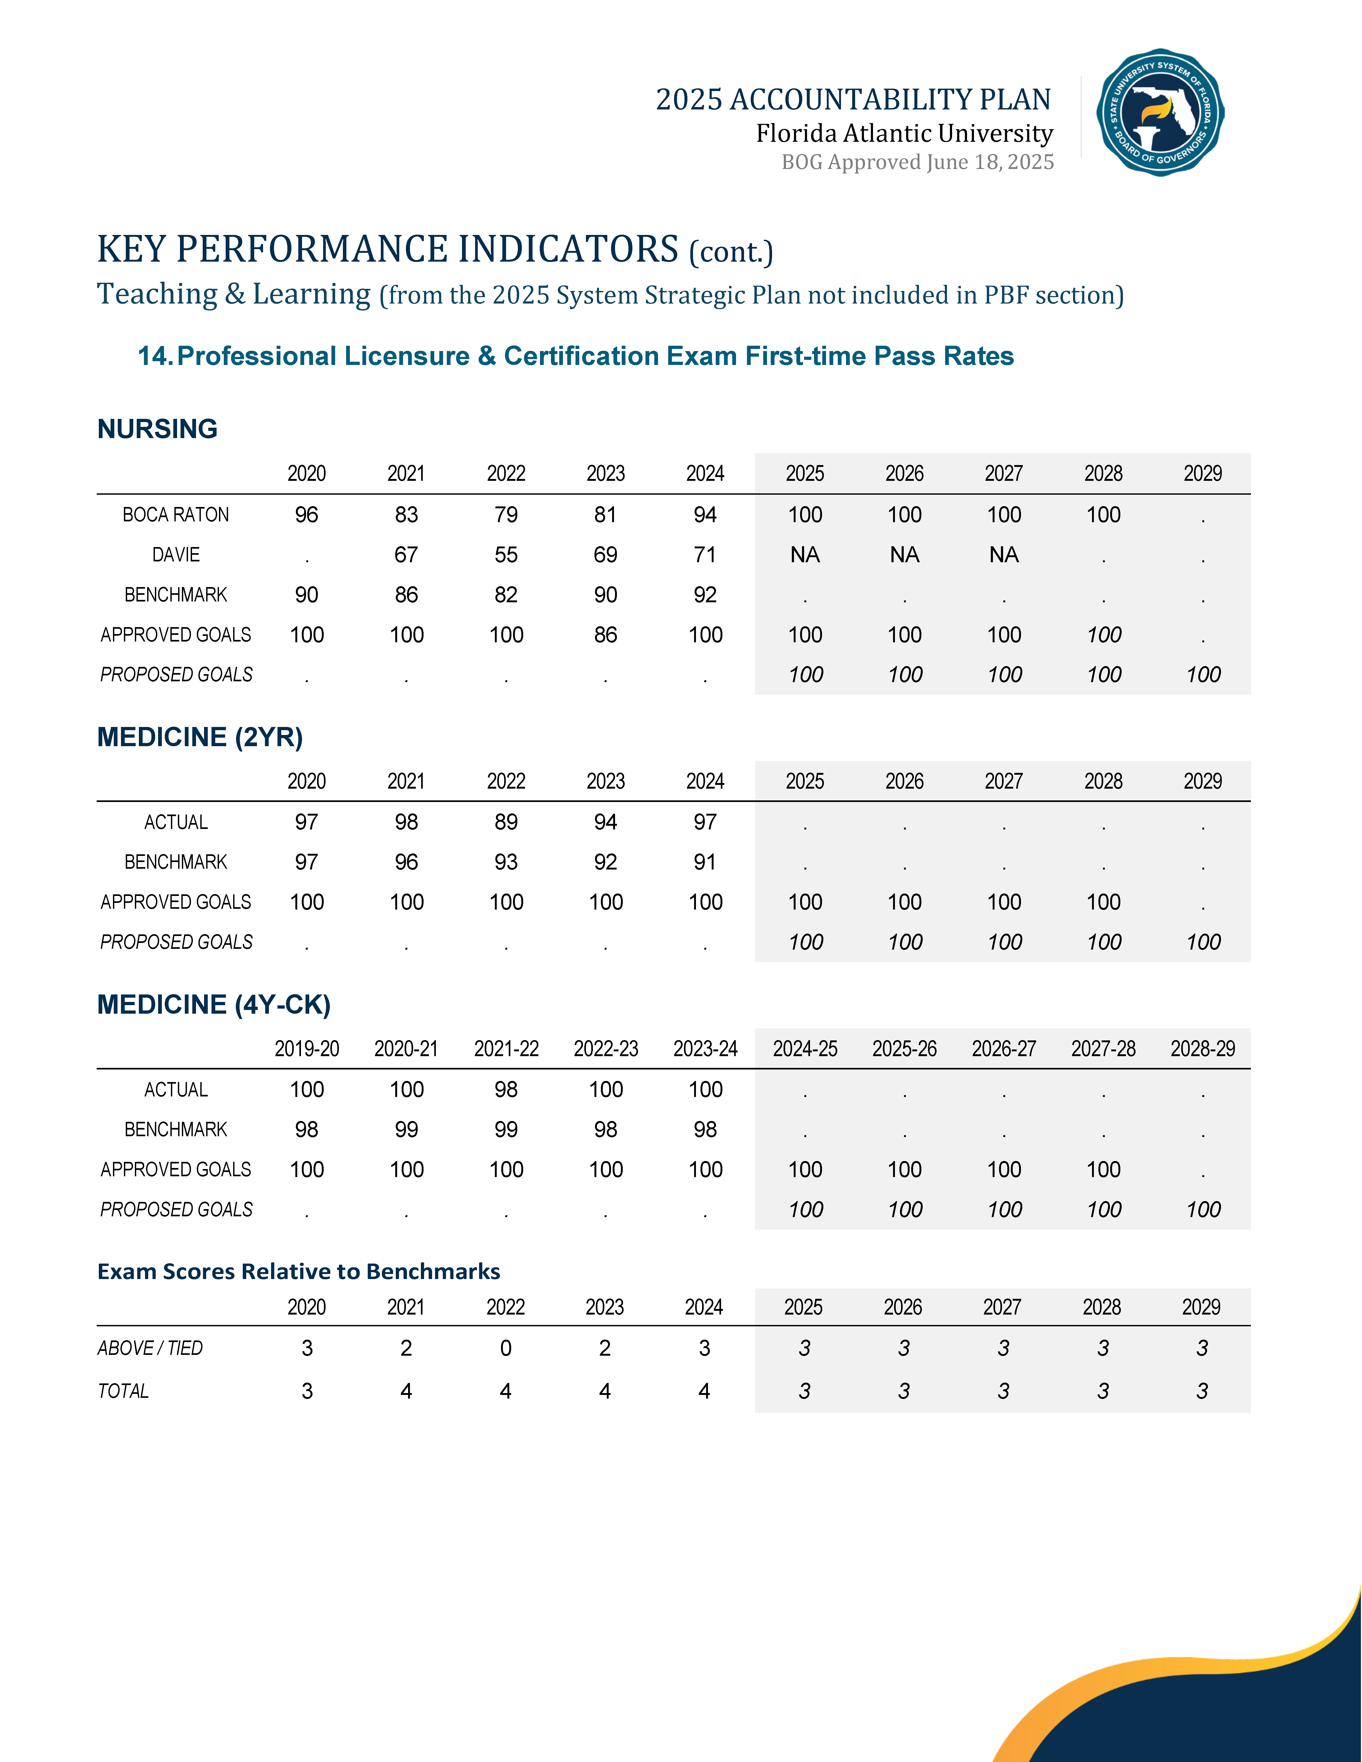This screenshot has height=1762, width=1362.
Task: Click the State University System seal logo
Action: click(1160, 112)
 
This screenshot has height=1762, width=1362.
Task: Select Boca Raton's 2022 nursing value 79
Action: click(506, 515)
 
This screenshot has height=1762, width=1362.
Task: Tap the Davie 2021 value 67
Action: click(406, 555)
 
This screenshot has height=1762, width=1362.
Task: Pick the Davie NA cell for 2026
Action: click(905, 555)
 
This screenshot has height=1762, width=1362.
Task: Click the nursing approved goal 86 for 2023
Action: click(605, 635)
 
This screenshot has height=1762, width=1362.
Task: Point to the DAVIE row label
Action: click(176, 555)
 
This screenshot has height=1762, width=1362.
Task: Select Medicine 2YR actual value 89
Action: click(506, 822)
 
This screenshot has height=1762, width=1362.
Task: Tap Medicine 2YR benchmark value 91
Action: click(705, 862)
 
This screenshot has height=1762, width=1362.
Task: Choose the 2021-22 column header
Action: click(506, 1049)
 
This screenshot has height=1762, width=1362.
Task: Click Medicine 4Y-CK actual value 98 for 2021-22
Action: click(506, 1090)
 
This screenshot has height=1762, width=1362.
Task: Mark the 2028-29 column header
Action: click(1202, 1049)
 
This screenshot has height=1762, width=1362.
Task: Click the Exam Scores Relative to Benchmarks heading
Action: click(299, 1272)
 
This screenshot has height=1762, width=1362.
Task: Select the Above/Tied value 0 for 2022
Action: click(506, 1348)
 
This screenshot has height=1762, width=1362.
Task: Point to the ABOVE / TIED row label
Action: click(150, 1348)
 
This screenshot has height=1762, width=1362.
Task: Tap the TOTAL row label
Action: click(123, 1391)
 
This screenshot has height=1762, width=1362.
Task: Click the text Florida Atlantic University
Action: click(904, 133)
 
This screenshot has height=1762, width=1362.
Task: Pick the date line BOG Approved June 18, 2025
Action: click(917, 162)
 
